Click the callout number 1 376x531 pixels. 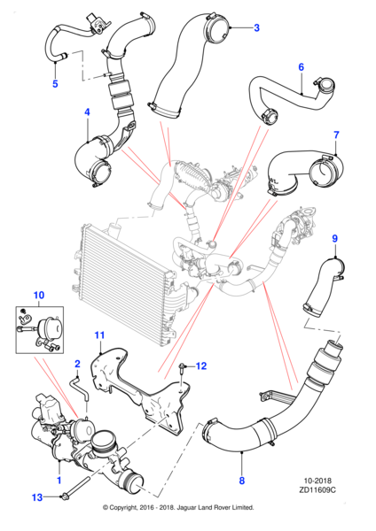pos(59,481)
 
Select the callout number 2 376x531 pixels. pos(77,364)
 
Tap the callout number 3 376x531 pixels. pos(256,28)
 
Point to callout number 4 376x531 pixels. pos(87,112)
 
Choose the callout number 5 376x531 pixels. pos(54,84)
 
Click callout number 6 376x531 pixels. pos(301,66)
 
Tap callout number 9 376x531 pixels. pos(335,238)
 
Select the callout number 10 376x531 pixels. pos(38,294)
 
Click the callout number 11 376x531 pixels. pos(99,334)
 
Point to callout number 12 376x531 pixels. pos(201,366)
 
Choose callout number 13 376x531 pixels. pos(35,498)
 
